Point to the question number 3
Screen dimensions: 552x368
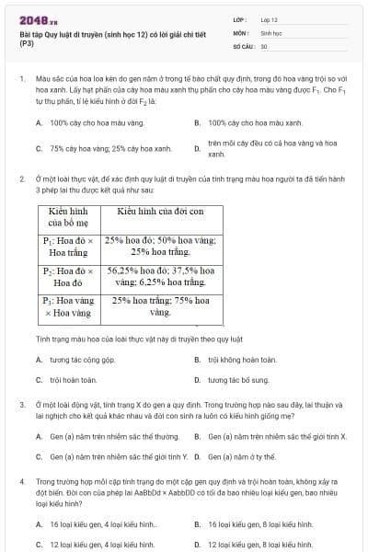click(21, 404)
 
